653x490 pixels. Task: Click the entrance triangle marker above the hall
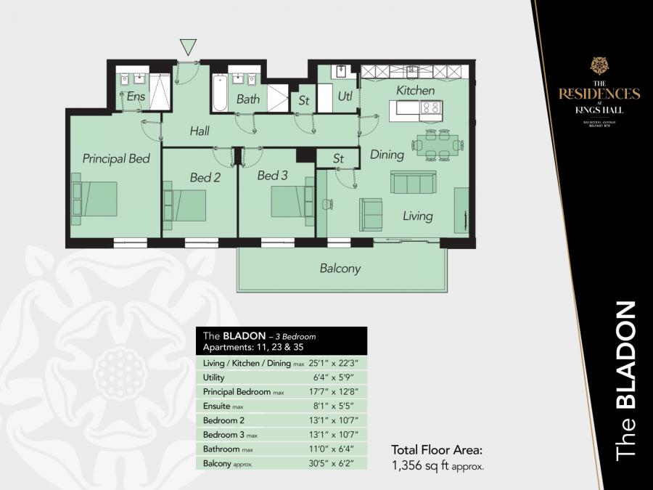[189, 48]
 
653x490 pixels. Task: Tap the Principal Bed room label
[116, 158]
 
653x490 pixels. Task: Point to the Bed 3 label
[273, 176]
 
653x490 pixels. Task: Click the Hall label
[200, 131]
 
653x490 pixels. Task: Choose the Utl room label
[346, 97]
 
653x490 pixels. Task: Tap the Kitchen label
[415, 91]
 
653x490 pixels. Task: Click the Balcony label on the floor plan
[340, 269]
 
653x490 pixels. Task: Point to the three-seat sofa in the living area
[413, 182]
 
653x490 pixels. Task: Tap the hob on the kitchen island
[430, 110]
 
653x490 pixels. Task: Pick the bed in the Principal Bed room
[94, 199]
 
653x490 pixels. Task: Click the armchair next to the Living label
[371, 214]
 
